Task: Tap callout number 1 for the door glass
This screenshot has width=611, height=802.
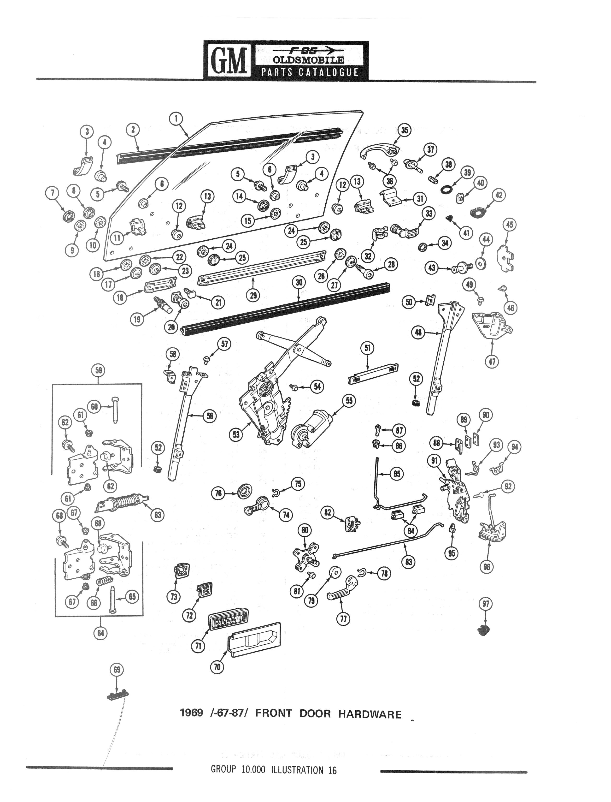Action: tap(176, 119)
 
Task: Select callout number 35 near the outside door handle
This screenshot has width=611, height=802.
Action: tap(405, 130)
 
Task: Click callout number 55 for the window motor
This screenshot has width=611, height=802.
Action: tap(349, 401)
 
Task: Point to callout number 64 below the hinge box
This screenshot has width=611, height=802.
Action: tap(100, 633)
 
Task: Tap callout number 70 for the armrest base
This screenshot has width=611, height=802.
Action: tap(217, 667)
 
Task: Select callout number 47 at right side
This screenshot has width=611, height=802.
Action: tap(492, 361)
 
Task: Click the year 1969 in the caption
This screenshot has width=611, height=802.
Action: tap(191, 713)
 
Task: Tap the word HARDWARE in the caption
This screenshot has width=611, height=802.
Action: tap(370, 714)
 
